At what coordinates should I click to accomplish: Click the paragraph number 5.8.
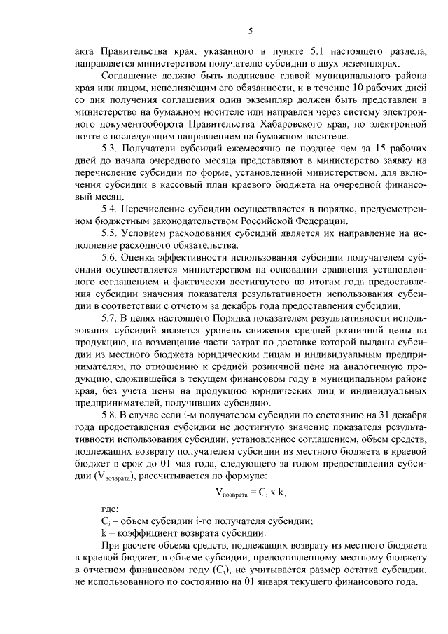click(111, 413)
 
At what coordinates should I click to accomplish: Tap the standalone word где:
click(111, 509)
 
